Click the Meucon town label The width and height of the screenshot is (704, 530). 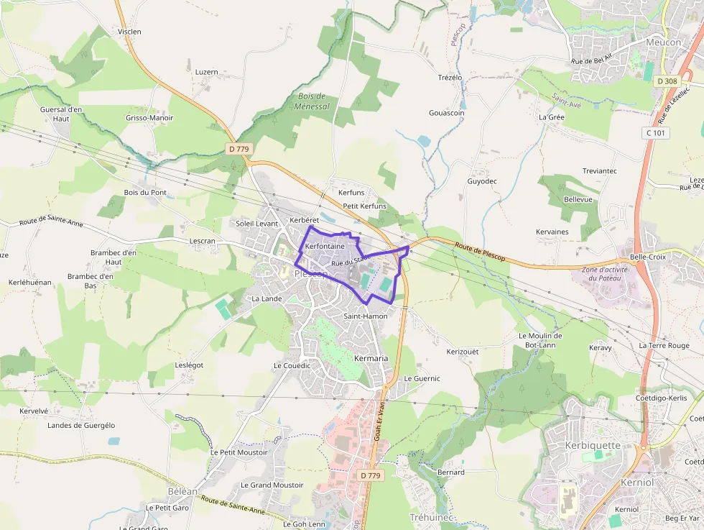click(x=663, y=42)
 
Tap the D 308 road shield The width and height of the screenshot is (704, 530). click(x=667, y=81)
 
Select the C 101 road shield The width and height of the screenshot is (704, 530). click(x=654, y=133)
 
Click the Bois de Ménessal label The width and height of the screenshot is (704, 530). click(x=312, y=101)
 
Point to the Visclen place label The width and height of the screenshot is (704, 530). click(x=129, y=32)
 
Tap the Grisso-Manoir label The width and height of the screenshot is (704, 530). click(x=149, y=118)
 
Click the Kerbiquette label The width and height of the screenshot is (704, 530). click(x=593, y=445)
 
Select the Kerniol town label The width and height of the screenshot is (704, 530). click(x=637, y=483)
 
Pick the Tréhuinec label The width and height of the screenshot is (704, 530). click(x=432, y=517)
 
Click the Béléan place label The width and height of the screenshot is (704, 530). click(x=182, y=491)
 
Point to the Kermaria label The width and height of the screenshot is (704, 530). click(x=371, y=358)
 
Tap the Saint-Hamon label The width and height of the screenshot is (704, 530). click(x=366, y=316)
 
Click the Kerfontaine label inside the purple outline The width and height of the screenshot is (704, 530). click(x=325, y=246)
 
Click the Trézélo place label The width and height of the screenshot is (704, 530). click(x=450, y=77)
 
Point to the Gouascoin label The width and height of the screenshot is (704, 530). click(x=447, y=113)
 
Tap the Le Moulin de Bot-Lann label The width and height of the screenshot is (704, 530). click(x=540, y=340)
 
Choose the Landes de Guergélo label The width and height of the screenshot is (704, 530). click(x=81, y=425)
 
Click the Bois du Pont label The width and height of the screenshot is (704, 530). click(x=145, y=193)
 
